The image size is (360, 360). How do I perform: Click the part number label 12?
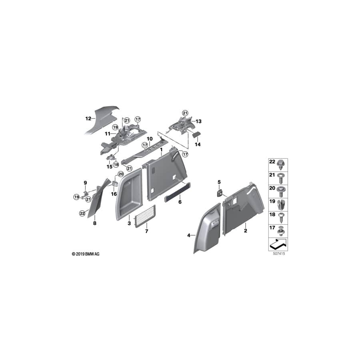tap(88, 118)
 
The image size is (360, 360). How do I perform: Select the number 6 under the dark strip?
tap(180, 202)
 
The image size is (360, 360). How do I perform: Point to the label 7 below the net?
tap(146, 232)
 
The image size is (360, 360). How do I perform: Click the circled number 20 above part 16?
tap(120, 174)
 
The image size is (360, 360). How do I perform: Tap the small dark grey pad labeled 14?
tap(197, 135)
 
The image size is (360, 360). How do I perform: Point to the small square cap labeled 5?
tap(220, 192)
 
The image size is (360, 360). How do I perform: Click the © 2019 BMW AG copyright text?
tap(85, 254)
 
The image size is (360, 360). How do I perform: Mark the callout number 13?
tap(199, 120)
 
